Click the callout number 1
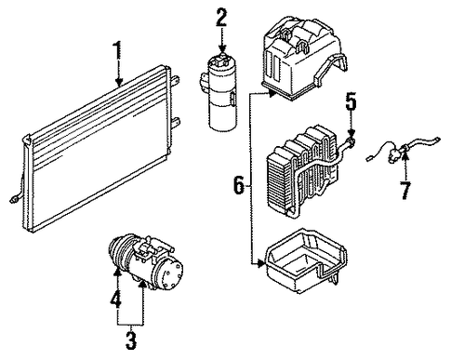[x=117, y=51]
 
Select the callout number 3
[x=130, y=340]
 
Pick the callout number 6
[x=239, y=185]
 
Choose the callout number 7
[x=406, y=190]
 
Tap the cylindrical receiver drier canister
[x=220, y=92]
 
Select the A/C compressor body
[x=146, y=262]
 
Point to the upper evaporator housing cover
[x=305, y=58]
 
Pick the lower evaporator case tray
[x=305, y=260]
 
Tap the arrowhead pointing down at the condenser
[x=119, y=82]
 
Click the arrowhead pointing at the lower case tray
[x=260, y=264]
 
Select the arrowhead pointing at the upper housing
[x=272, y=93]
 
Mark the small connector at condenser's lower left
[x=14, y=199]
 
